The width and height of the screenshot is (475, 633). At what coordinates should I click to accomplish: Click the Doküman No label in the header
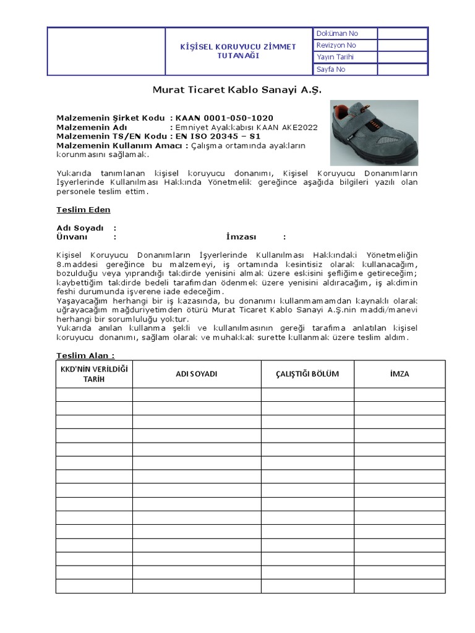point(337,33)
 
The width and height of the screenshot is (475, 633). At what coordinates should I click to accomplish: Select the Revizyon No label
point(336,45)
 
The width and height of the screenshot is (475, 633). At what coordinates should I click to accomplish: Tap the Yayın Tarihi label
point(335,57)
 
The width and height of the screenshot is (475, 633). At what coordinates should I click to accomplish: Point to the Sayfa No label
point(331,69)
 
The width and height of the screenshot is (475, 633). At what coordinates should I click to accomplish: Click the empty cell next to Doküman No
point(402,33)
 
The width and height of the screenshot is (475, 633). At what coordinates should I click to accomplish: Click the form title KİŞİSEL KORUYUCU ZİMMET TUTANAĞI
point(237,51)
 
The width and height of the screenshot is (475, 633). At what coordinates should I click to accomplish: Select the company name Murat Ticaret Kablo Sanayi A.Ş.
point(237,90)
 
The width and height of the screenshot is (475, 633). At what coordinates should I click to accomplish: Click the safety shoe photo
point(374,133)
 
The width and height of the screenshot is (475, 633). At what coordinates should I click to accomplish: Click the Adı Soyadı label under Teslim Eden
point(80,228)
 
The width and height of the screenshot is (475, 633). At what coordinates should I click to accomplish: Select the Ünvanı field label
point(72,237)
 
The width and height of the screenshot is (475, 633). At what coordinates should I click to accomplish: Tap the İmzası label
point(242,237)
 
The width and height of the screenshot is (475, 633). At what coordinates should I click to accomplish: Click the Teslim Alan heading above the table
point(85,355)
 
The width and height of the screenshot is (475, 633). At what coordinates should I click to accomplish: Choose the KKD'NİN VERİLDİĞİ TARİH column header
point(94,374)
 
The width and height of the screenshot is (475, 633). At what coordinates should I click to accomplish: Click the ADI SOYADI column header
point(197,374)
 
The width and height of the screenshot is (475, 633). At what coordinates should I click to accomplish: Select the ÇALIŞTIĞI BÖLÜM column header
point(307,374)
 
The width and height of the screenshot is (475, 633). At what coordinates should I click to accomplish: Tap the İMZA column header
point(400,374)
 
